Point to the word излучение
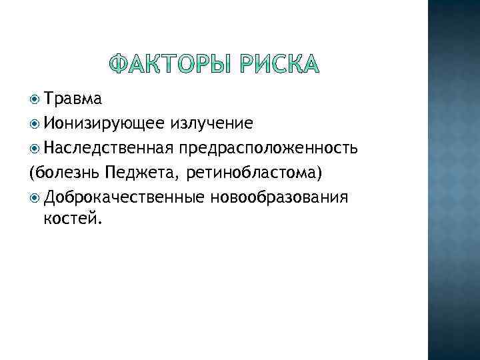(211, 123)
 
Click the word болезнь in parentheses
(67, 172)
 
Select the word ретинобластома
(252, 172)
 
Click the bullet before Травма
(35, 100)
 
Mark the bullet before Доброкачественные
(35, 197)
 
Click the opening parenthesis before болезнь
(33, 173)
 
